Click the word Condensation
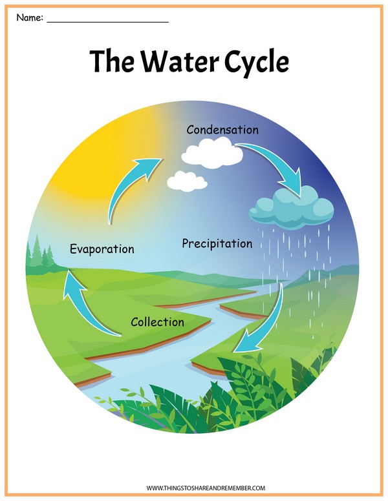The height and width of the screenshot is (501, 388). tap(222, 130)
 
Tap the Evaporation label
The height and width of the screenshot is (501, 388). tap(102, 249)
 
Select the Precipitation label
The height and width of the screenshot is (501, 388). tap(217, 244)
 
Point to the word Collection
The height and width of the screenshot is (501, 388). tap(157, 322)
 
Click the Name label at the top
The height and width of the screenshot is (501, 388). tap(29, 17)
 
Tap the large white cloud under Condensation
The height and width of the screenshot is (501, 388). tap(212, 154)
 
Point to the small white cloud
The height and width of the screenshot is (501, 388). tap(188, 181)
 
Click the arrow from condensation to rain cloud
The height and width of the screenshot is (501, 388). tap(278, 165)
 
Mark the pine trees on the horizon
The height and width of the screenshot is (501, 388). tap(41, 253)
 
